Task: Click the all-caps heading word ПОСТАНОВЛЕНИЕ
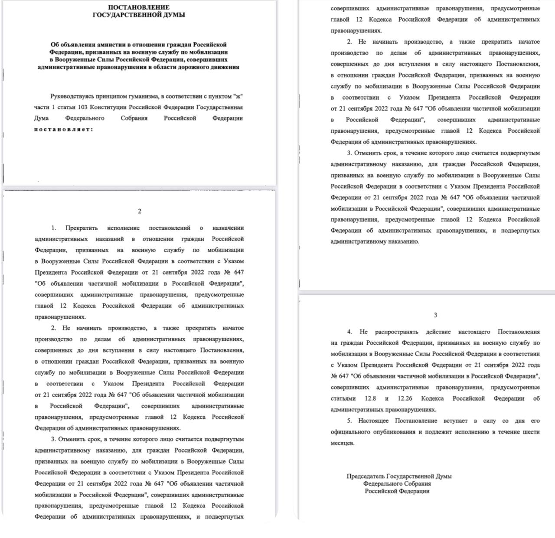[139, 7]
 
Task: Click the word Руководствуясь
[72, 96]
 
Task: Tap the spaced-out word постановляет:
[63, 129]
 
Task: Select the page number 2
[139, 211]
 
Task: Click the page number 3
[435, 315]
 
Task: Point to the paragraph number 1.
[54, 228]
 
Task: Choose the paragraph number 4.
[349, 332]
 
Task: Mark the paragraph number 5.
[349, 421]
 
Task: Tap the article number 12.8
[370, 398]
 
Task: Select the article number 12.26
[405, 398]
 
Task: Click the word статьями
[343, 398]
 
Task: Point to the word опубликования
[395, 432]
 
